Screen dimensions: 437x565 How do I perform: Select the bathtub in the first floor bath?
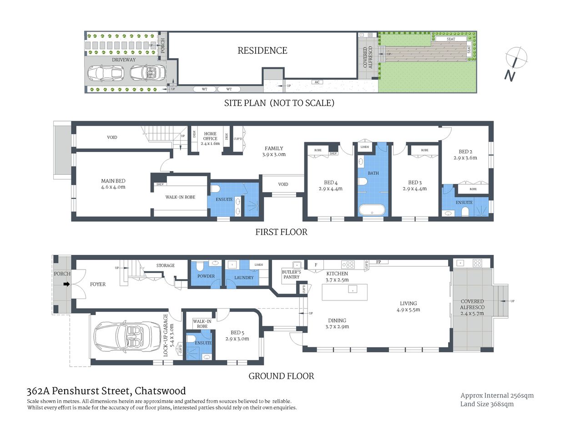(372, 210)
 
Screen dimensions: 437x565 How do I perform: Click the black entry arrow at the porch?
(66, 284)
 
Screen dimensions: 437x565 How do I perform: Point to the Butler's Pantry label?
(291, 274)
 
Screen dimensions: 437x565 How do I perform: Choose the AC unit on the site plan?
(317, 82)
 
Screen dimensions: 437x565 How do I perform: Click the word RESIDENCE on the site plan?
(262, 51)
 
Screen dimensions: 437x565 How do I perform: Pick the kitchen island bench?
(345, 292)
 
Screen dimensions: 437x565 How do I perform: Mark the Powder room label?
(206, 276)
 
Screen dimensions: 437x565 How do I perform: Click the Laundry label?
(244, 278)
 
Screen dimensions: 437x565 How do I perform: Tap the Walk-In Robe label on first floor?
(180, 197)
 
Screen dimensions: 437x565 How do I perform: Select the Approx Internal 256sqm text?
(497, 396)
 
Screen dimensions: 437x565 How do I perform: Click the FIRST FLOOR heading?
(281, 232)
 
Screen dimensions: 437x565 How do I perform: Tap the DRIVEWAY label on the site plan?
(124, 60)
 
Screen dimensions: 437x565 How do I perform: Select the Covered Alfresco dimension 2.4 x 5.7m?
(472, 313)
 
